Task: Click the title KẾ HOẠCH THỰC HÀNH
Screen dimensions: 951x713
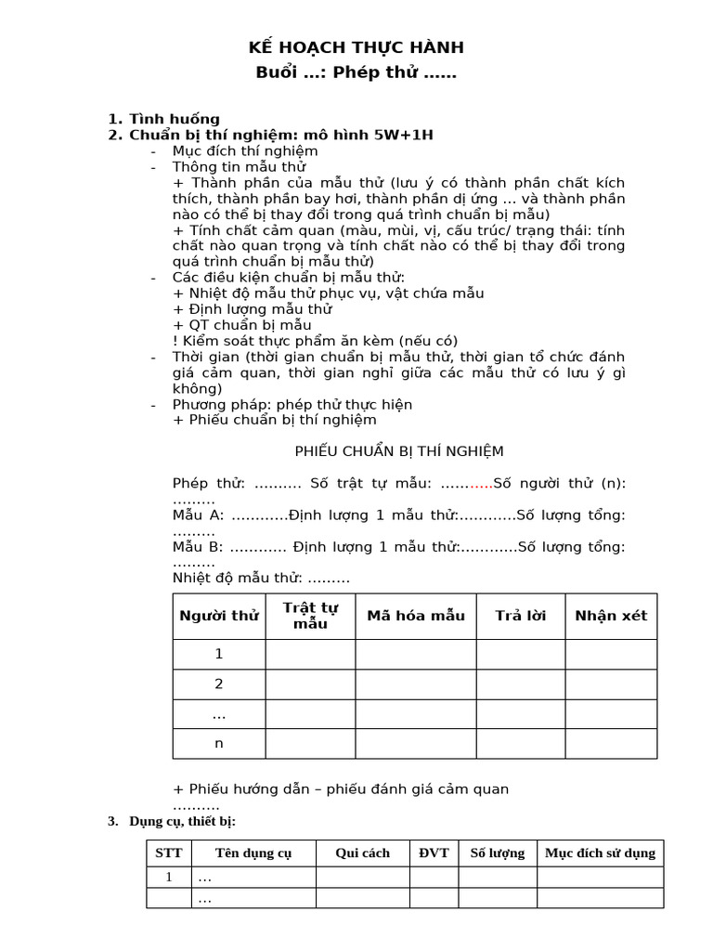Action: [356, 47]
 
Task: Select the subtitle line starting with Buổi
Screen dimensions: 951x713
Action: [356, 72]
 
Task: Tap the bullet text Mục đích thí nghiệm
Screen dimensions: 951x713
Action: [245, 150]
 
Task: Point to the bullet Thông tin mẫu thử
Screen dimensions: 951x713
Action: [240, 167]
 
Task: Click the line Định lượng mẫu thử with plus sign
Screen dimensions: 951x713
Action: [253, 308]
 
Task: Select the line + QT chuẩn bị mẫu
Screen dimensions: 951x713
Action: [241, 324]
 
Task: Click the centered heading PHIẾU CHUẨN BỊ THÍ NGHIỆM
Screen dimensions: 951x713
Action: [399, 451]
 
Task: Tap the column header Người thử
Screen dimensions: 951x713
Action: [219, 616]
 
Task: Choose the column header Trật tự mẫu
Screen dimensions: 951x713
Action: [311, 616]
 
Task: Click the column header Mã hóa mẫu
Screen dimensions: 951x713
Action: [416, 616]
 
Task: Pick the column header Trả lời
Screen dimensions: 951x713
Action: [521, 616]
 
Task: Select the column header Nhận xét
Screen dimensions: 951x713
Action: [611, 616]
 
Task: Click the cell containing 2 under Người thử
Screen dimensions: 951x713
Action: [219, 684]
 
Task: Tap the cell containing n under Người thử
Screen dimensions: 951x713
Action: [219, 743]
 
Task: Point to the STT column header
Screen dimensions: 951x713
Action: [169, 853]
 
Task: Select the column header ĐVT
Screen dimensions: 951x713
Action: [434, 853]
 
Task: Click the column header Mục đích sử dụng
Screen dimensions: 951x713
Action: [600, 853]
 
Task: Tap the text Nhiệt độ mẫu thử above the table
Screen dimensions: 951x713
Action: [261, 578]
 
